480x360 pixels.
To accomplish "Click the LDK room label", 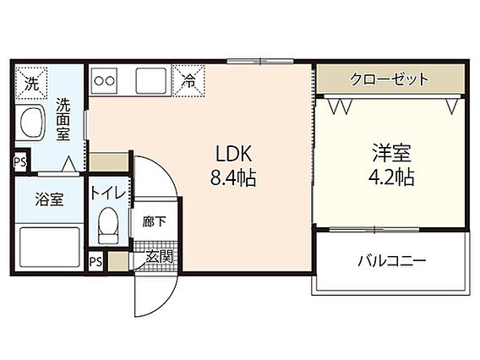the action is (234, 154).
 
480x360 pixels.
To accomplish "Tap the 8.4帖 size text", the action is (233, 177).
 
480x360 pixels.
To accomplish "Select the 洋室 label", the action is (391, 153).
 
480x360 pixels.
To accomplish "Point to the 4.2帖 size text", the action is (391, 177).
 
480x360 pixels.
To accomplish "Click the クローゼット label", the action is (389, 79).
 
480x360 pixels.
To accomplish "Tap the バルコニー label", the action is (392, 261).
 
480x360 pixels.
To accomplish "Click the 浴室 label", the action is (49, 199).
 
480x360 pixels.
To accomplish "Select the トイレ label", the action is (108, 194).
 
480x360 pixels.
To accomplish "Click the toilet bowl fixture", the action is (108, 225).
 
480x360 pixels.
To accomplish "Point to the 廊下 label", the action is (155, 221).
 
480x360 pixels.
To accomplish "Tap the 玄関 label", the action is (159, 257).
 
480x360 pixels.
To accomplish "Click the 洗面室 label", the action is (63, 119).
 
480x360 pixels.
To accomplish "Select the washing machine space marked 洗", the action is (31, 83).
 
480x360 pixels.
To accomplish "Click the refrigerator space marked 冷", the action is (188, 81).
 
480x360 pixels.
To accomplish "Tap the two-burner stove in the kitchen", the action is (105, 81).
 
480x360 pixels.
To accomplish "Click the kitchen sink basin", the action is (151, 81).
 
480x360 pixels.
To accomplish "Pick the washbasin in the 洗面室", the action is (30, 123).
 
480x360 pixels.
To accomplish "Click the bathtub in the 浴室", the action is (50, 247).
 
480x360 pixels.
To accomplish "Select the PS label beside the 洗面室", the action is (20, 161).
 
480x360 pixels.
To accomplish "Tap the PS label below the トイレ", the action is (95, 261).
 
